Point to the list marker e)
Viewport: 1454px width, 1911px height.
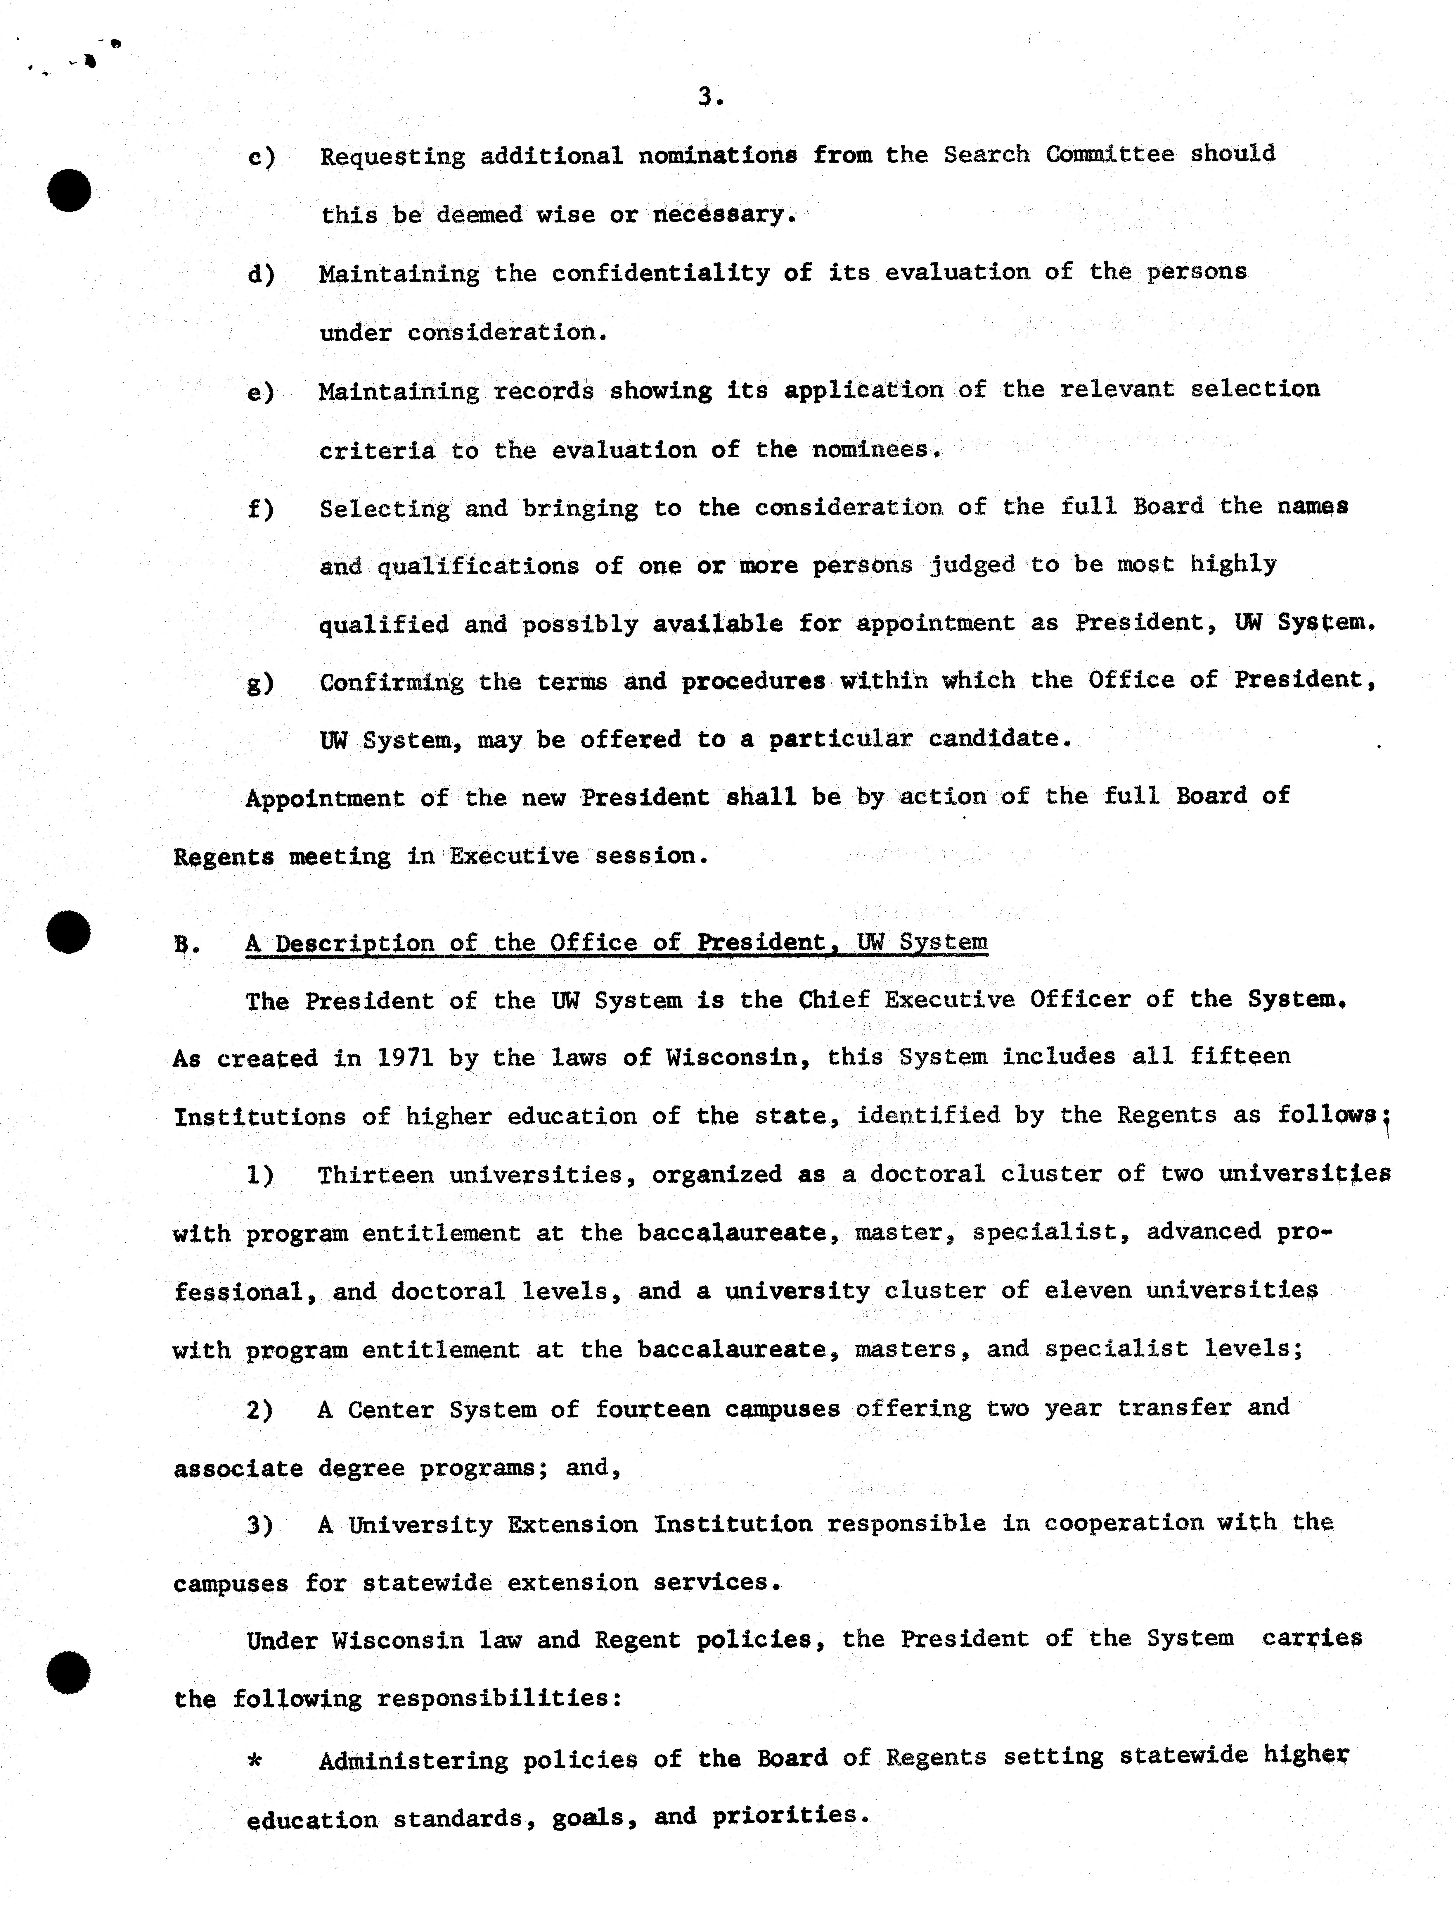261,392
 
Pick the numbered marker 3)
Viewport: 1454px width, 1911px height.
260,1526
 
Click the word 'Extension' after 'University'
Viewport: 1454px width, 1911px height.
572,1525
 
